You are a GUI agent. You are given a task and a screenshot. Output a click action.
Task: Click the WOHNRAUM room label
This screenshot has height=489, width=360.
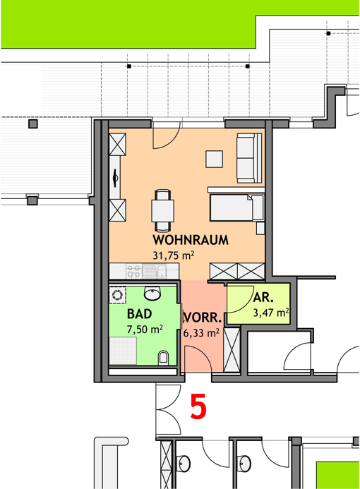[x=191, y=240]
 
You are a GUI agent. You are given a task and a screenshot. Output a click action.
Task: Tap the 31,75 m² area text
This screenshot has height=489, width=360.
[x=174, y=255]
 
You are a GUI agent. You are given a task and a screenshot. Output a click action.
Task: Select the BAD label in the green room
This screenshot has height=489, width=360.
[x=140, y=314]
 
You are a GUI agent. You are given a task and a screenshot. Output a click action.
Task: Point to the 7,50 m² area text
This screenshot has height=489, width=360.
[x=145, y=330]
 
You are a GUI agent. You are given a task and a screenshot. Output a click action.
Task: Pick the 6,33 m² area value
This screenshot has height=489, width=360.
[x=201, y=333]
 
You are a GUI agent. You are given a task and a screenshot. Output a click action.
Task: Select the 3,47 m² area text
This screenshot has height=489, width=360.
[x=271, y=313]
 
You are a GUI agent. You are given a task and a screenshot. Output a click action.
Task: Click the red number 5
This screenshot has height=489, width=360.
[x=198, y=406]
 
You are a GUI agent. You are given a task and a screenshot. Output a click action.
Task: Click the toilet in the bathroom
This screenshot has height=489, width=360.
[x=164, y=358]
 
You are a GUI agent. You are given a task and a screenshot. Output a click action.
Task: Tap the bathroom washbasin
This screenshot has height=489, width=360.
[x=152, y=294]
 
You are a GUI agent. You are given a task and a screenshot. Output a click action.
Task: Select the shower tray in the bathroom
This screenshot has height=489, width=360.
[x=123, y=351]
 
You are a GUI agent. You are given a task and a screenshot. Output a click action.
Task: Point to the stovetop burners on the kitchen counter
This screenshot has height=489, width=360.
[x=134, y=271]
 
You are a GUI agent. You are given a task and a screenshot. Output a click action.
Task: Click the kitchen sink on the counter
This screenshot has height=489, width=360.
[x=155, y=271]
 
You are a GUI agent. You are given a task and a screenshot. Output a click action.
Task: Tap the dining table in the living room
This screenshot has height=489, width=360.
[x=162, y=211]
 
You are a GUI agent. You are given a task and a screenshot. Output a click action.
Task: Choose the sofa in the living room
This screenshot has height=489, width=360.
[x=249, y=158]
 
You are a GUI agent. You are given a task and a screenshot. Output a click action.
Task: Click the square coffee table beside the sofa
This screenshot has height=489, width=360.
[x=214, y=159]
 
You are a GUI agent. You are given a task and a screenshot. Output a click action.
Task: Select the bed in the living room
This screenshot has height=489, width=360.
[x=236, y=207]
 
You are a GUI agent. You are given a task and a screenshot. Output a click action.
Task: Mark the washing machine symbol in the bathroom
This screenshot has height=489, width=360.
[x=118, y=295]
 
